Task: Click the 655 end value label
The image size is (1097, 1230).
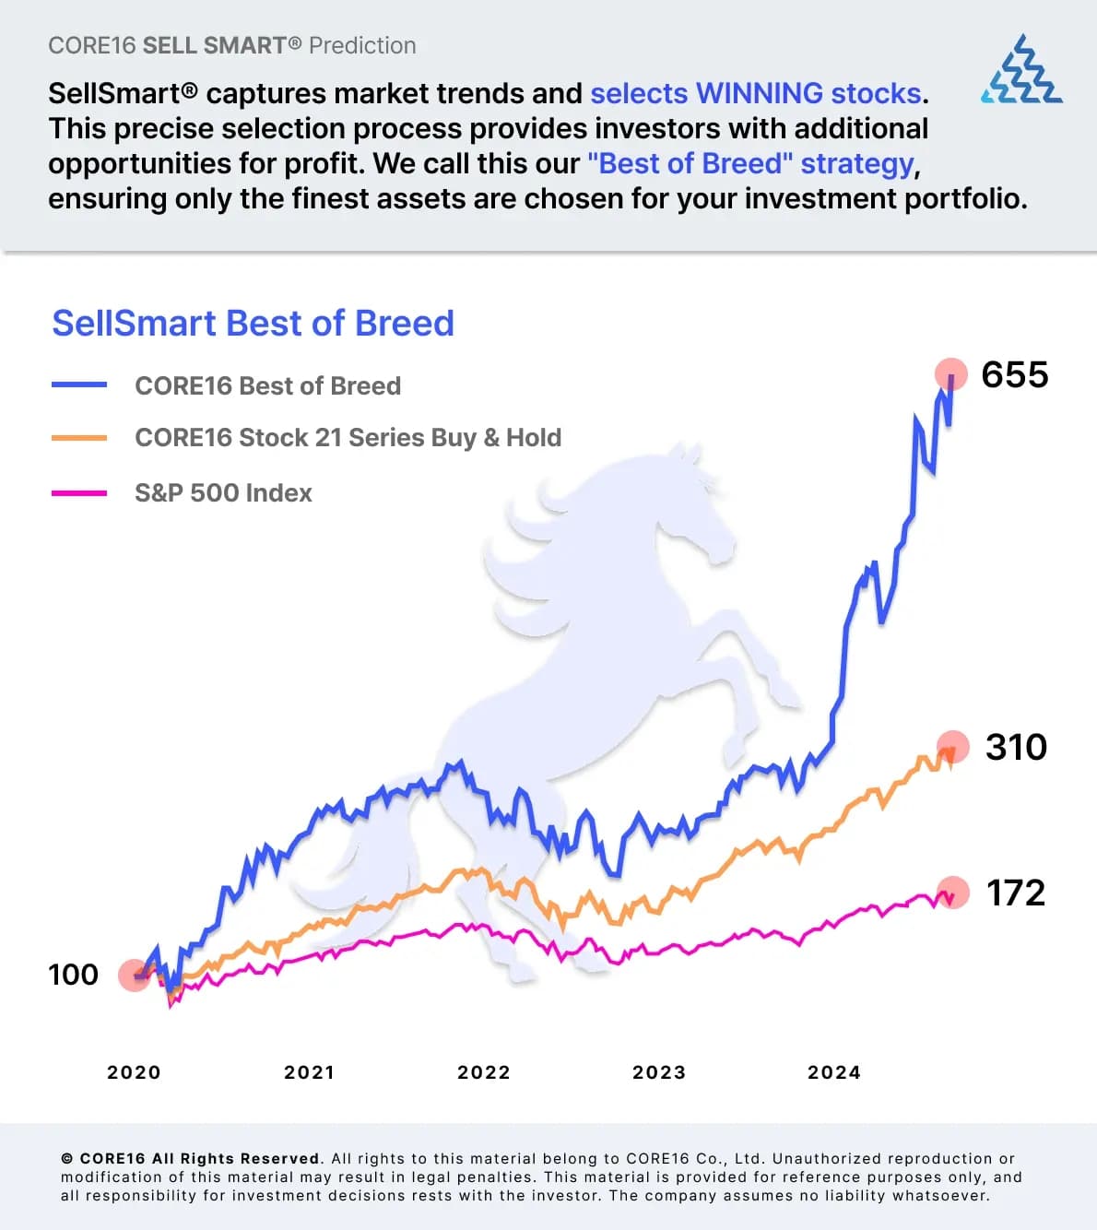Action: click(1014, 375)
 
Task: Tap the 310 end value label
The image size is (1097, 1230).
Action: click(1016, 747)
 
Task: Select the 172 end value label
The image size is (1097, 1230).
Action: click(1016, 893)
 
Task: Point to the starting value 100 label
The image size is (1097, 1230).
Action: click(73, 975)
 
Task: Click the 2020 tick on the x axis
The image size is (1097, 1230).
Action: click(134, 1072)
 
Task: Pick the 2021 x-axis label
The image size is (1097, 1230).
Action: click(309, 1072)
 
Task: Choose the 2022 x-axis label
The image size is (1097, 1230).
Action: click(484, 1072)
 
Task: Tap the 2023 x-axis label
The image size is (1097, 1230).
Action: click(659, 1072)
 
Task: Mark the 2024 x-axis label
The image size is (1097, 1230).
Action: click(834, 1072)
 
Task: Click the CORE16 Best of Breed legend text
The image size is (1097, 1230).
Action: click(267, 385)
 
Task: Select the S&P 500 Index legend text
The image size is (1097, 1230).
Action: click(223, 493)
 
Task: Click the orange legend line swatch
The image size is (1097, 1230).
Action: click(79, 438)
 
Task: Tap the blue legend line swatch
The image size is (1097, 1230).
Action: click(79, 385)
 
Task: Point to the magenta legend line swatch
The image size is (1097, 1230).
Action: click(79, 493)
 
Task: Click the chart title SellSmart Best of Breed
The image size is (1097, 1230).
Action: click(253, 324)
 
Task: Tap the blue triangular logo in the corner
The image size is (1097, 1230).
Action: click(1021, 70)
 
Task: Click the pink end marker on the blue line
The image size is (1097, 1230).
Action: click(951, 374)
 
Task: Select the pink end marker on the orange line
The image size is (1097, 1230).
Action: click(953, 747)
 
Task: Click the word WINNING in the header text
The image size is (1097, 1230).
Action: click(759, 93)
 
